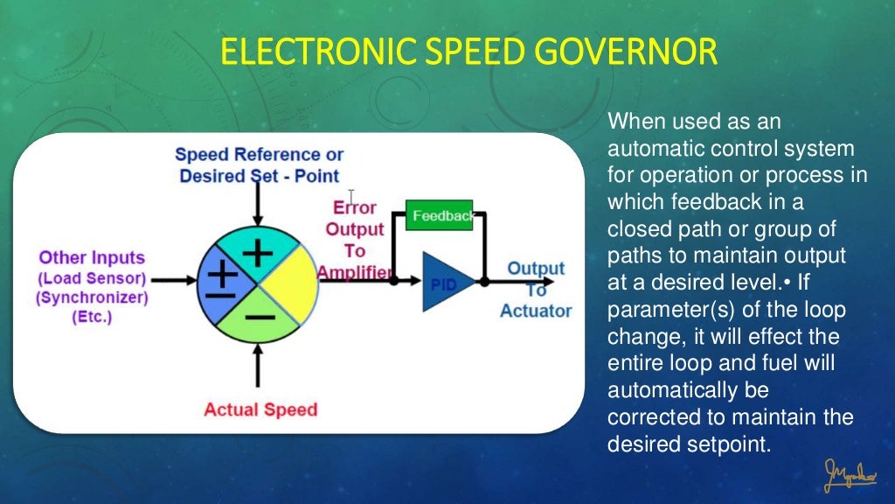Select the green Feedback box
[x=440, y=215]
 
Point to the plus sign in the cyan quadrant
[x=257, y=252]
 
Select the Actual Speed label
[x=260, y=409]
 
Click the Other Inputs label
[x=92, y=258]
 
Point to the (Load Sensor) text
[x=92, y=278]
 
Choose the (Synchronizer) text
[x=92, y=297]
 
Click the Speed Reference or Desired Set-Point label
[x=259, y=165]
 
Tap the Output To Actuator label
[x=536, y=289]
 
